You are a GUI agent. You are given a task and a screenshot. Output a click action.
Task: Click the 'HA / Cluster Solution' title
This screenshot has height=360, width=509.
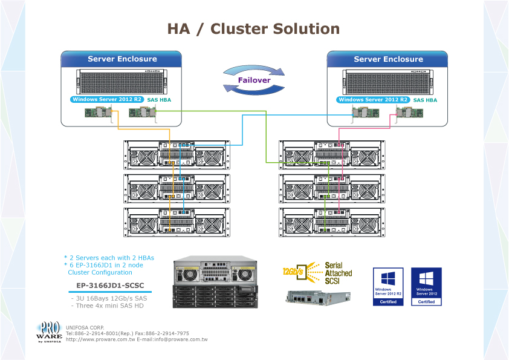253,28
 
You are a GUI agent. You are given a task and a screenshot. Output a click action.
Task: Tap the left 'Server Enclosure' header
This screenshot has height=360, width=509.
122,59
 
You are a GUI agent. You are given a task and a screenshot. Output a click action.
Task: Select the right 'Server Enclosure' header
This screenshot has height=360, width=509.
388,59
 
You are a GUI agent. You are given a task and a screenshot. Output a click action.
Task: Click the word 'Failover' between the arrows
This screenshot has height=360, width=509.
254,80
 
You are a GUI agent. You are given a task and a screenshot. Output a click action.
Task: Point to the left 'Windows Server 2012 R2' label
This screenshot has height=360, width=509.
108,99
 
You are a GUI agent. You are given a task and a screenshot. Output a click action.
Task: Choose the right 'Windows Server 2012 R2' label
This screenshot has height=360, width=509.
374,99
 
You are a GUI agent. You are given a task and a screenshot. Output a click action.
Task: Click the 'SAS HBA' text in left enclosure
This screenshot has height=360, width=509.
160,99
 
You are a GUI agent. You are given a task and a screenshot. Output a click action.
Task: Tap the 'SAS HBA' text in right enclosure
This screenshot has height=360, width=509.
426,99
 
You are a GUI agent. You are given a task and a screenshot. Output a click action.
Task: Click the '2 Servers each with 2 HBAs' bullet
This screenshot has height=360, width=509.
109,258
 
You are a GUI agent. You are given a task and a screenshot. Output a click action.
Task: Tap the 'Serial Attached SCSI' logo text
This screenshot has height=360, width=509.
338,273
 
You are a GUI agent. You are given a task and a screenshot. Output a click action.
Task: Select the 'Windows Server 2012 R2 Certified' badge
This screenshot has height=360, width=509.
388,286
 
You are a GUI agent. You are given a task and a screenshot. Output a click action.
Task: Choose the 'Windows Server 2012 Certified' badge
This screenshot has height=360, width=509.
426,286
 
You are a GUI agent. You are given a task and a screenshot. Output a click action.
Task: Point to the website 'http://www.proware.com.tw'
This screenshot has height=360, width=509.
99,340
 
